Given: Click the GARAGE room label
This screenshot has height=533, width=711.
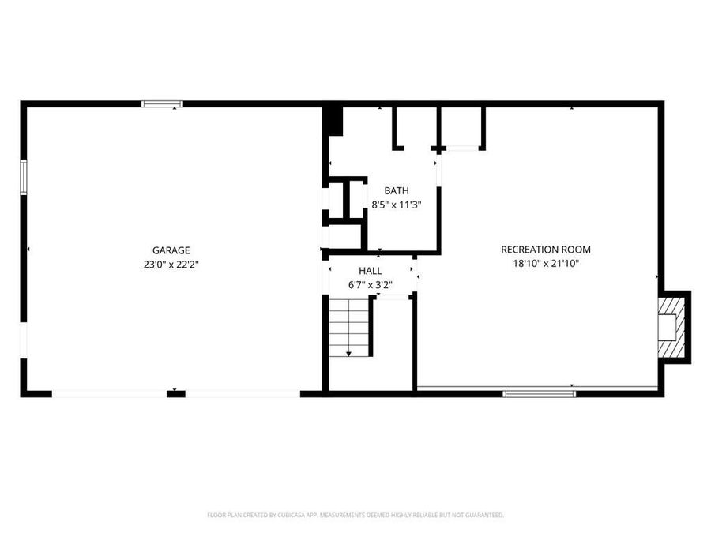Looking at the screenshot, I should [x=171, y=250].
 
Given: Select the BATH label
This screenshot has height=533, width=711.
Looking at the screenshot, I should [x=396, y=191].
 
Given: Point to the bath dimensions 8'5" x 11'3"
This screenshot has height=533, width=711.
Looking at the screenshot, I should [x=397, y=205].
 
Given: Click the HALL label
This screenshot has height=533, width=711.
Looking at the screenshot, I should [x=371, y=271].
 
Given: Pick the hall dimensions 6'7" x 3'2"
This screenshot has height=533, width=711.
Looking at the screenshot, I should [x=371, y=284].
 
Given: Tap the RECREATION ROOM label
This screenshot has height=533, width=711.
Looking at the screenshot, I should [x=545, y=250].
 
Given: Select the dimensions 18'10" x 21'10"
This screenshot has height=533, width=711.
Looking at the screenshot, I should [x=545, y=264].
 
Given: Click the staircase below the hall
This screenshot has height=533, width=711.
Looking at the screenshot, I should [x=349, y=328].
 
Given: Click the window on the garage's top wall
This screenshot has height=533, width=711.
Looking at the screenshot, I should [x=162, y=103].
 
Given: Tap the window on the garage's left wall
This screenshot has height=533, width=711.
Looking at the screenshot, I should [x=24, y=177].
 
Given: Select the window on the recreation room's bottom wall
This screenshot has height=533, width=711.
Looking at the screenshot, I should [x=540, y=392].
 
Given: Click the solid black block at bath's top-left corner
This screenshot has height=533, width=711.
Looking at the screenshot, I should [x=333, y=119].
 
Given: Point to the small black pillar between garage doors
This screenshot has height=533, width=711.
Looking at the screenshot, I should [x=175, y=392].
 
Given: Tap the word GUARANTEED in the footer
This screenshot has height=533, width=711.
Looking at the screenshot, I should [x=483, y=515].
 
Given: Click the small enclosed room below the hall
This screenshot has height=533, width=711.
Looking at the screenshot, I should [x=392, y=343].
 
